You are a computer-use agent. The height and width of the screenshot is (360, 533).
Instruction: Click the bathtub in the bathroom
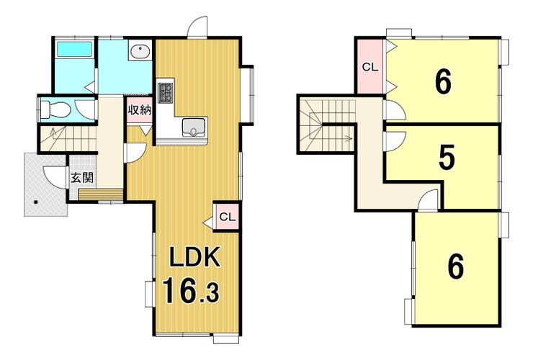point(74,49)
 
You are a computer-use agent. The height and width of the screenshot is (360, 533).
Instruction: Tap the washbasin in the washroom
point(140,51)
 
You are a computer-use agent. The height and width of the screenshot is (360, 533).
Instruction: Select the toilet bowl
point(55,109)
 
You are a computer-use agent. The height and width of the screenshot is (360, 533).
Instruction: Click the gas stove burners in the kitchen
point(166,92)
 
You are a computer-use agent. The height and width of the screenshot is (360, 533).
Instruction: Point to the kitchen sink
point(194,127)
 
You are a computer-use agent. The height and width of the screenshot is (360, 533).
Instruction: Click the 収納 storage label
point(139,110)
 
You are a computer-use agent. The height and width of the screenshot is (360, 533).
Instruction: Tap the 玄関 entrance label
point(82,177)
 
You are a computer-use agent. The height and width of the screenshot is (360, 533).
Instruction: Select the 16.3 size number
point(190,290)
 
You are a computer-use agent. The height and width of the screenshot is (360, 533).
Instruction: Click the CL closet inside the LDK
point(227,217)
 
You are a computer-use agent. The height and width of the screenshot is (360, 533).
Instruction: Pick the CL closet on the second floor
point(370,67)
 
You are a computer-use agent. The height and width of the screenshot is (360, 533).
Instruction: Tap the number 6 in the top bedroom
point(443,81)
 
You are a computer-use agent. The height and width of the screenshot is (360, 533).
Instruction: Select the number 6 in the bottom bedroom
point(455,266)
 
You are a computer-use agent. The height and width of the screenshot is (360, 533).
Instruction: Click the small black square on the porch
point(35,203)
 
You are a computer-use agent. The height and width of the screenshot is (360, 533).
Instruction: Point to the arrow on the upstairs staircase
point(347,138)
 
